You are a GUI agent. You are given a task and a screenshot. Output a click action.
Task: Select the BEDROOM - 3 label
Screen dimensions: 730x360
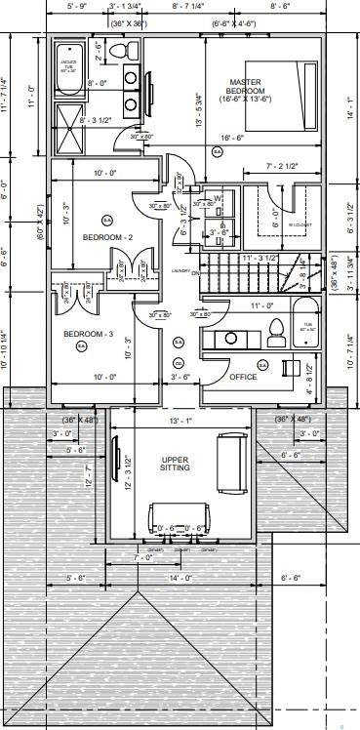click(89, 335)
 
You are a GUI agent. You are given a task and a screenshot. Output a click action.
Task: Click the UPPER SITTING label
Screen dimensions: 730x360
click(175, 464)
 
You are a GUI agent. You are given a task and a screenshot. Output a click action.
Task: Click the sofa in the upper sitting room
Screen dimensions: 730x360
click(231, 465)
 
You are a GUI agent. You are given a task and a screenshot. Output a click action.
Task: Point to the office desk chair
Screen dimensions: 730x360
click(290, 367)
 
